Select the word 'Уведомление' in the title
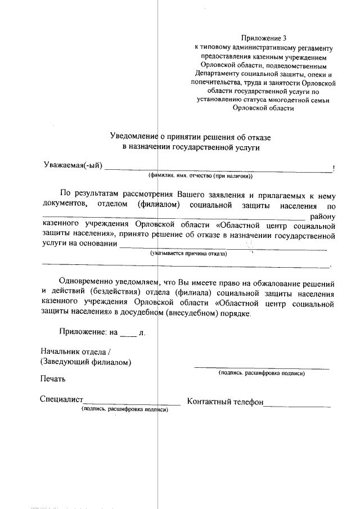[x=134, y=135]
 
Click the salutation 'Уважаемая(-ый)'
[x=73, y=165]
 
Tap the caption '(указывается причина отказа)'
[x=188, y=254]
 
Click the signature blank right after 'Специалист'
[x=132, y=402]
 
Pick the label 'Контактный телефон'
[x=225, y=402]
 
